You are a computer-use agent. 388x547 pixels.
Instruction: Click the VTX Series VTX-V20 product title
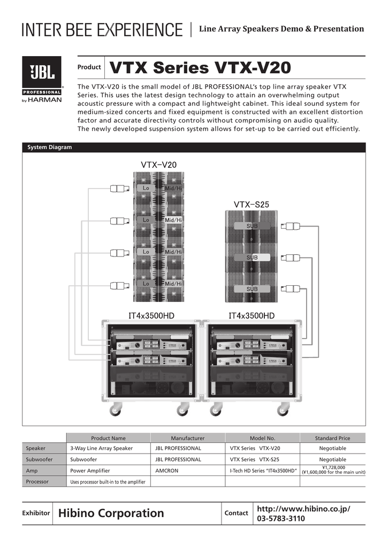point(200,68)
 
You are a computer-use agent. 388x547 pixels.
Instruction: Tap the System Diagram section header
point(49,147)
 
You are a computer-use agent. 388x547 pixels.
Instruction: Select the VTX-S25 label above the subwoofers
point(251,204)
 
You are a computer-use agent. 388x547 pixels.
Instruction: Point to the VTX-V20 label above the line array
point(158,165)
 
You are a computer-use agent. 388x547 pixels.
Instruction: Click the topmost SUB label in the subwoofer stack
point(252,226)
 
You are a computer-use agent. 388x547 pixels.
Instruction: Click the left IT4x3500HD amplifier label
point(151,316)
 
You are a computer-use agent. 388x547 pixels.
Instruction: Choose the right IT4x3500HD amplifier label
point(252,316)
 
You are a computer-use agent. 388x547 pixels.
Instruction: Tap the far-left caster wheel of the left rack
point(115,410)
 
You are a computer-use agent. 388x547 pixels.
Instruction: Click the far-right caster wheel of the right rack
point(283,410)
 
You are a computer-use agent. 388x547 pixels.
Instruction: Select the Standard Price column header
point(332,438)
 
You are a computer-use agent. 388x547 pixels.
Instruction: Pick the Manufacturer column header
point(187,438)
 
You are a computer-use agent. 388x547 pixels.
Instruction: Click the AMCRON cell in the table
point(166,471)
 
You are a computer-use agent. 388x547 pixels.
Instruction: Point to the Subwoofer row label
point(36,459)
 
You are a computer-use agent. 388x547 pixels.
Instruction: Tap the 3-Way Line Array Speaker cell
point(102,448)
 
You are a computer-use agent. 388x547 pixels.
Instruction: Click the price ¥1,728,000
point(333,467)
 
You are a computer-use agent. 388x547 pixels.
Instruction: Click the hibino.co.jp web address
point(304,508)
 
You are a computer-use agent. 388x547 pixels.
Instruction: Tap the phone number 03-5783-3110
point(282,519)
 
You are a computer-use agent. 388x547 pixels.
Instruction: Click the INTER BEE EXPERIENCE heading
point(102,29)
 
